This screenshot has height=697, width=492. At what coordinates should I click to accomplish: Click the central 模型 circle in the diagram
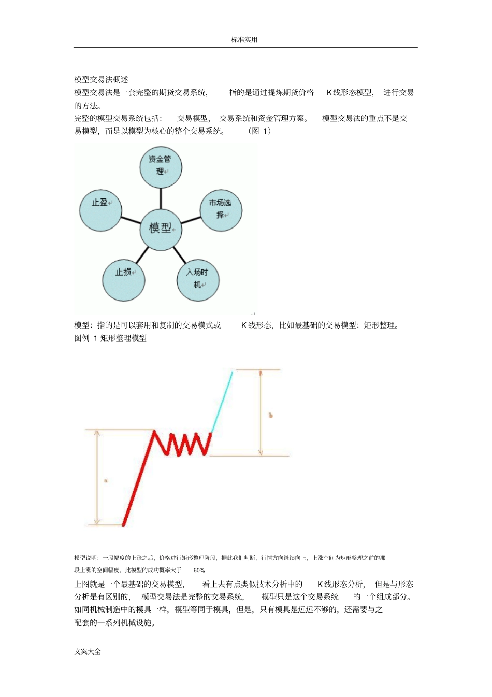[161, 229]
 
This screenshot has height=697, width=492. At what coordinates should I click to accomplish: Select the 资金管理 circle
[161, 166]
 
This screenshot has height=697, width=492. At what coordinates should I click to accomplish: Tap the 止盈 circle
[100, 209]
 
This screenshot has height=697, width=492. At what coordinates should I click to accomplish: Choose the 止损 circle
[123, 279]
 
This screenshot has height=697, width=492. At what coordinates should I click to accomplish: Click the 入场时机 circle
[198, 279]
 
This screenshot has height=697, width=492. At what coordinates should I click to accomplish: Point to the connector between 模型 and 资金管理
[161, 197]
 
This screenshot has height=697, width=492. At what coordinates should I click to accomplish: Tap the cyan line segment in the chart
[222, 402]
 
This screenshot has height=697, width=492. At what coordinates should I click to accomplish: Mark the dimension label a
[106, 481]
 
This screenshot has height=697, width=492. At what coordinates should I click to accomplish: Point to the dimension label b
[270, 415]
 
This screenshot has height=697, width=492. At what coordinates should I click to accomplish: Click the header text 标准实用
[244, 40]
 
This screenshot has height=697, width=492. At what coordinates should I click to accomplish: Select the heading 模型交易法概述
[101, 79]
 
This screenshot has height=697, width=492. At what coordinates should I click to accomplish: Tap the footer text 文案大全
[88, 651]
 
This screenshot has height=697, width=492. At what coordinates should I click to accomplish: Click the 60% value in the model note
[199, 570]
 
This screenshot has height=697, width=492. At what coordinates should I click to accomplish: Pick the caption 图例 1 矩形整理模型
[110, 338]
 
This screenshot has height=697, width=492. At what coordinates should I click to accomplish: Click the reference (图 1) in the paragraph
[259, 131]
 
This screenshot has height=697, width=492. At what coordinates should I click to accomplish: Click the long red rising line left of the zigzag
[138, 479]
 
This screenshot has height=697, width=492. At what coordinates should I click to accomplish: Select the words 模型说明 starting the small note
[86, 558]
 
